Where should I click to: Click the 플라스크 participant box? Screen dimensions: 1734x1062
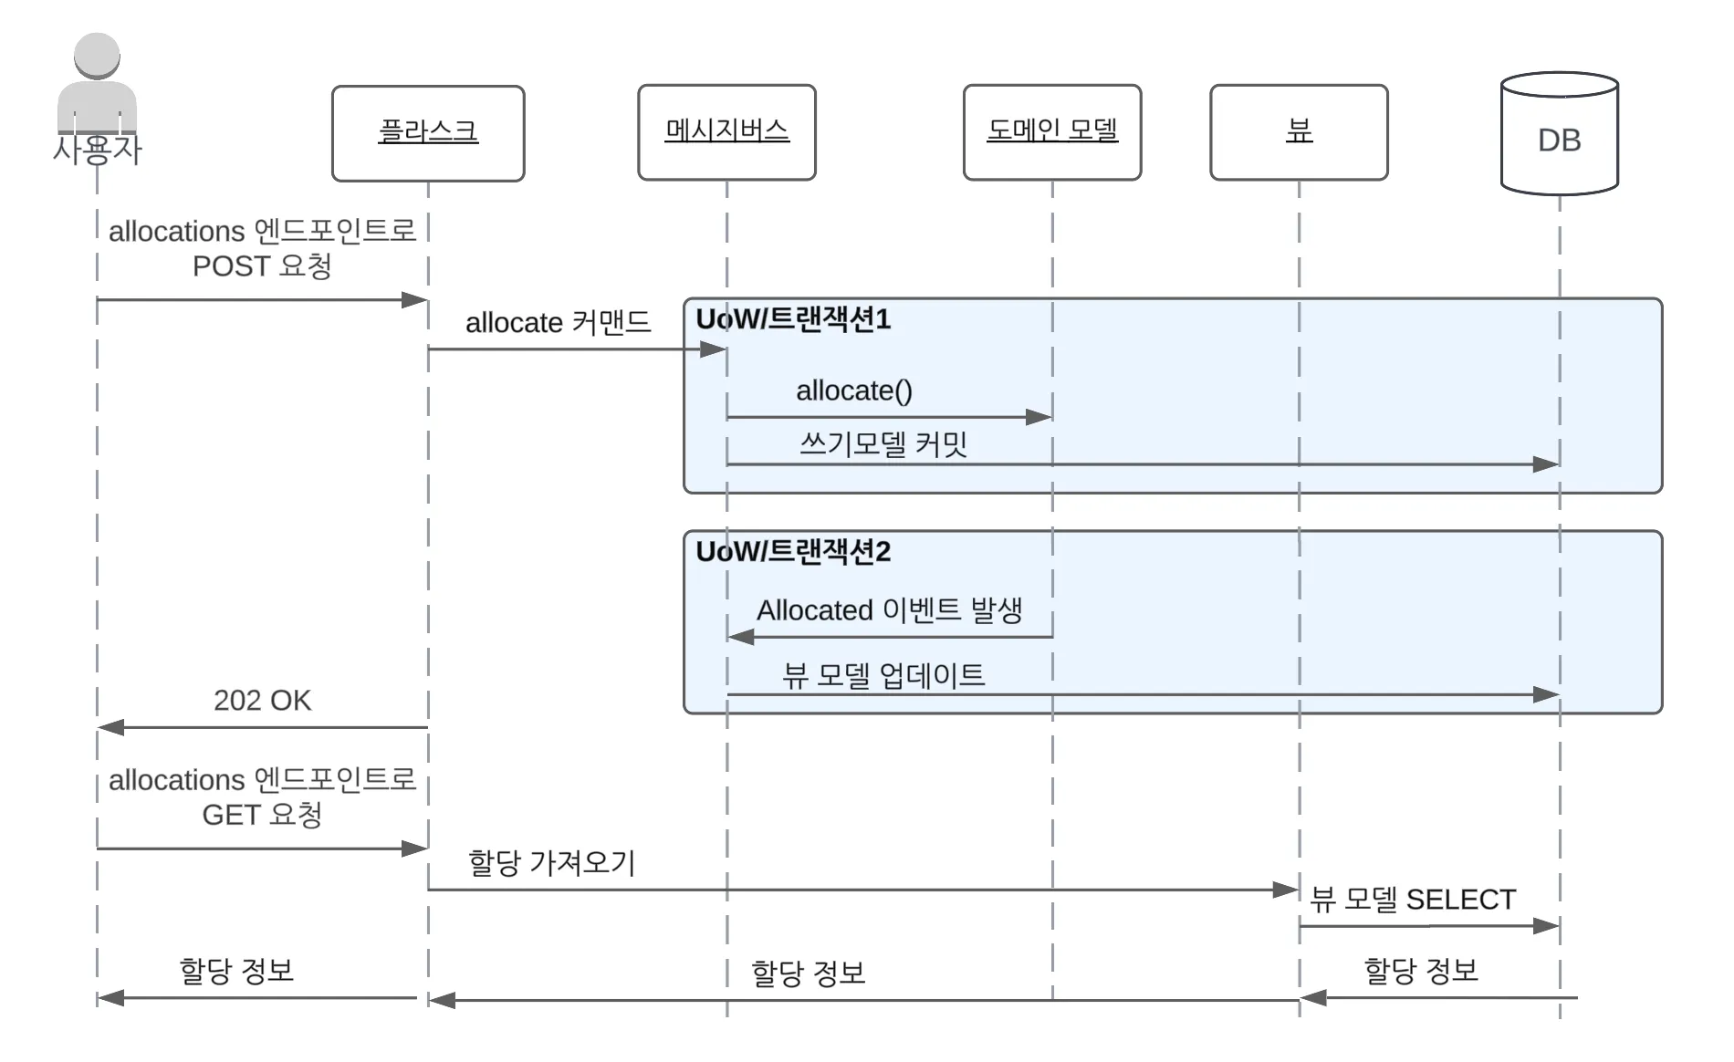[428, 133]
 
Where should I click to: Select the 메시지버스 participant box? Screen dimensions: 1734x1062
[726, 132]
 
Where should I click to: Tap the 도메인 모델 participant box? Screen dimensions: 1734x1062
[1052, 132]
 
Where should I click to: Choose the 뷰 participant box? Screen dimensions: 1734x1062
[1299, 132]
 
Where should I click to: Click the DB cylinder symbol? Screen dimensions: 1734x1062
[1560, 133]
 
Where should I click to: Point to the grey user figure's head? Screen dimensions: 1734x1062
[97, 56]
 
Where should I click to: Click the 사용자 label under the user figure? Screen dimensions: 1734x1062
[97, 150]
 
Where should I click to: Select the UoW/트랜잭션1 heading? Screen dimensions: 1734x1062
[793, 319]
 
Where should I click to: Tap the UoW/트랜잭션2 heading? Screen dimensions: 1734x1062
[793, 552]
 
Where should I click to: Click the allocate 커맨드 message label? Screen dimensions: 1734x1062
[558, 323]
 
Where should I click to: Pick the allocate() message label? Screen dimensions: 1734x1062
[854, 390]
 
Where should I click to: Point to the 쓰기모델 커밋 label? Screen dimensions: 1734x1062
[883, 444]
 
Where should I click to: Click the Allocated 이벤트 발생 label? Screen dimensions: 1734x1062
[889, 609]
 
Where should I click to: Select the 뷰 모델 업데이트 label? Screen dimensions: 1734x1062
[883, 675]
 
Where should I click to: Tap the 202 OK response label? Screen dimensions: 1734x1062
[262, 700]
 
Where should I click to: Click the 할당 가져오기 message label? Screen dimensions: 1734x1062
[551, 862]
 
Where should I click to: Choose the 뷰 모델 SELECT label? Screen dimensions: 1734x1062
[1413, 900]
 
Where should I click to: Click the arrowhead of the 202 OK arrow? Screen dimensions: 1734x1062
[110, 727]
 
